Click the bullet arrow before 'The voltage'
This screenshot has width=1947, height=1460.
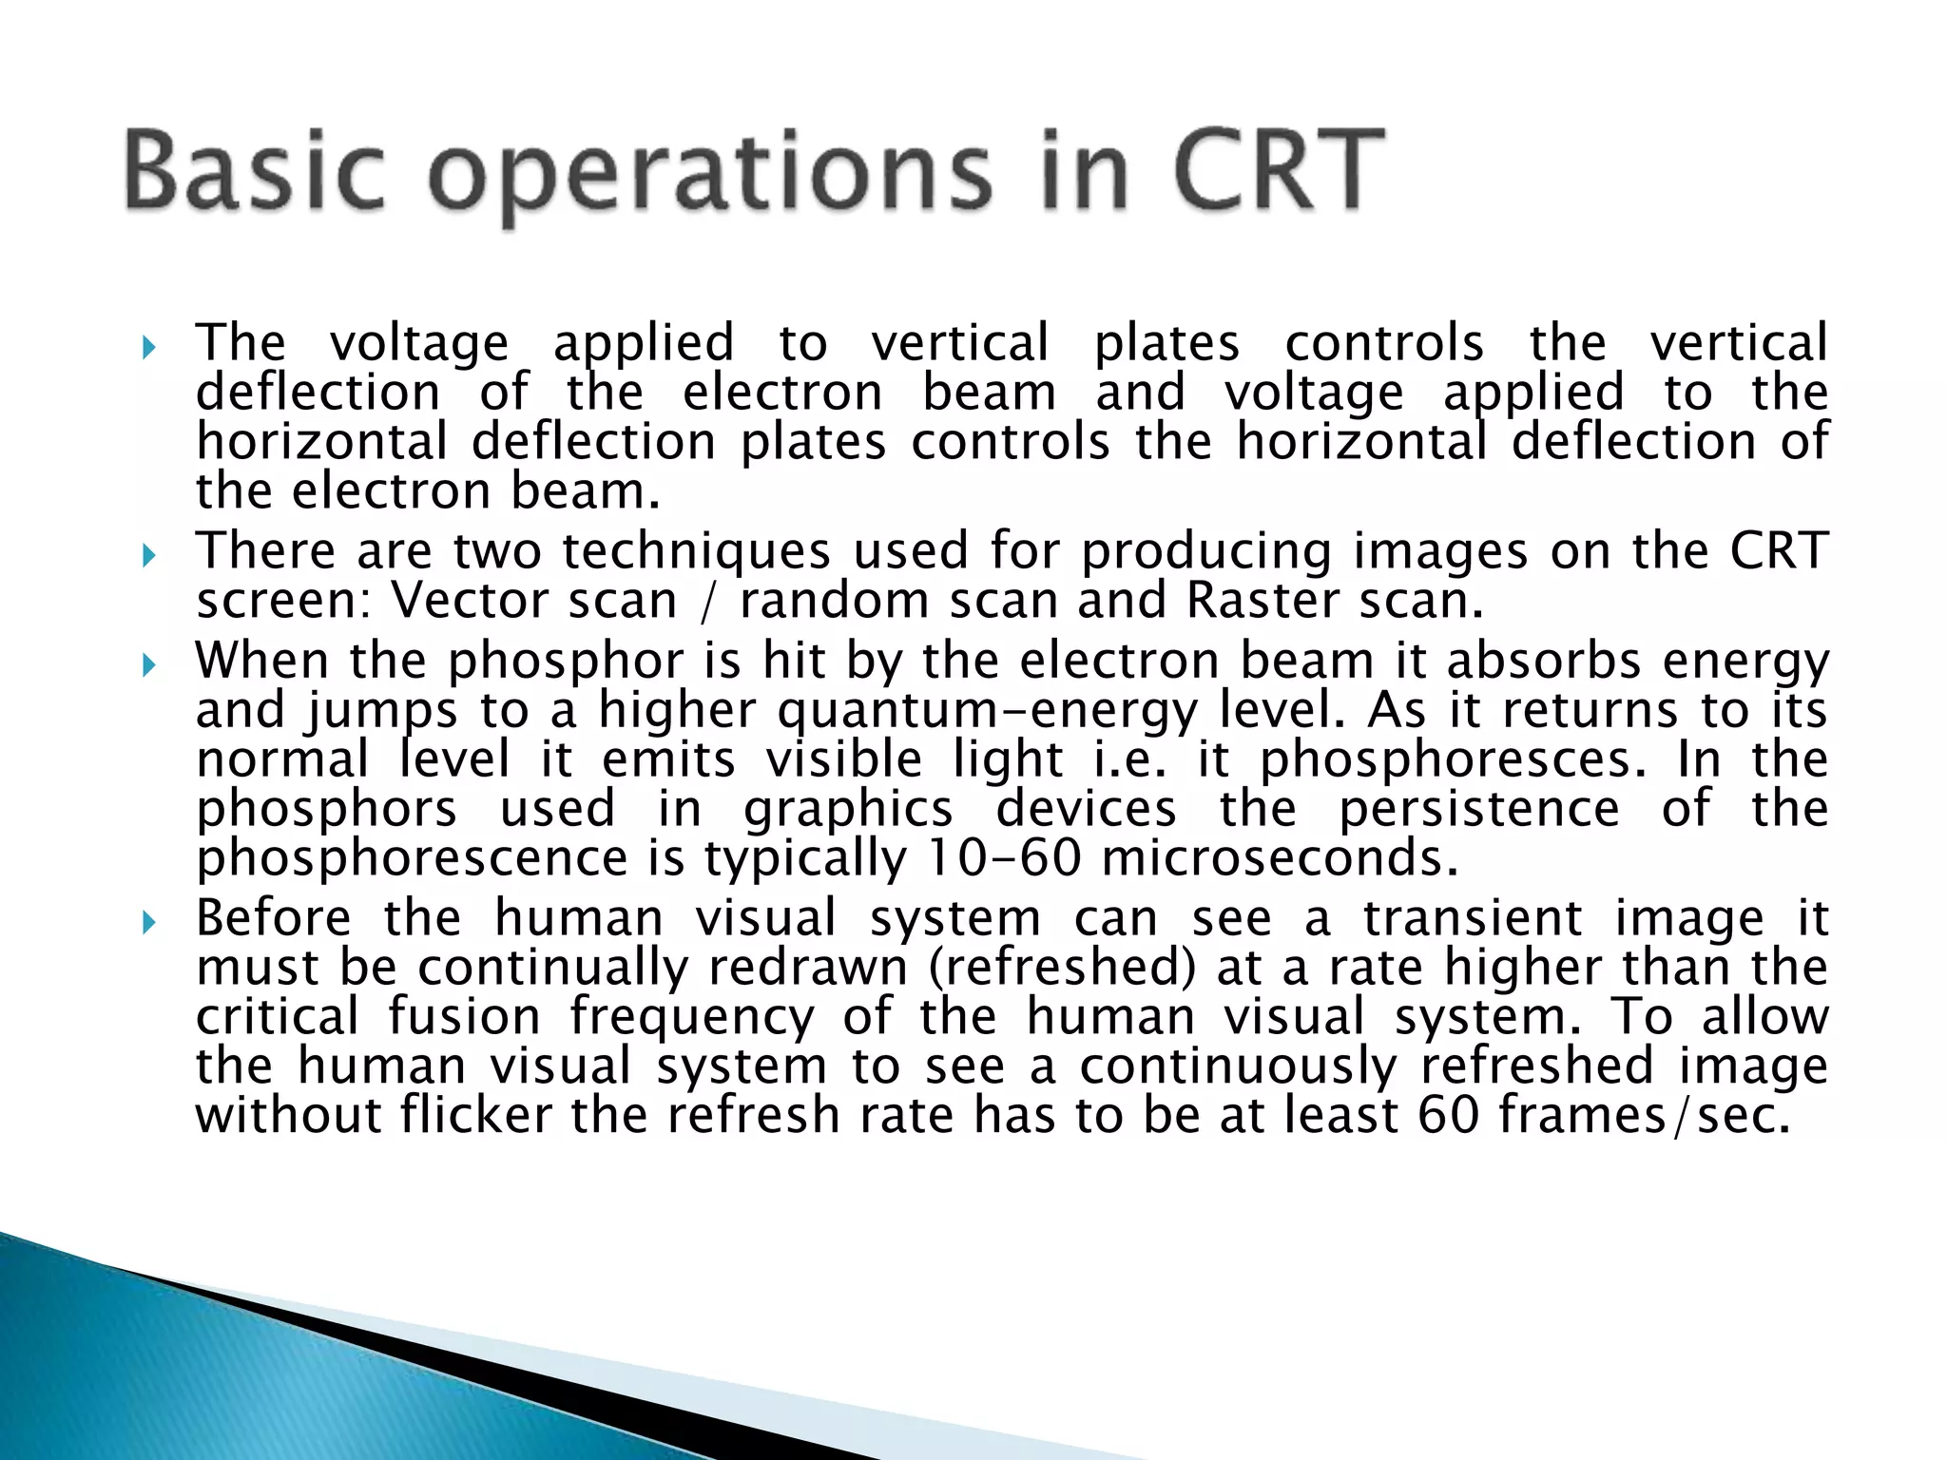[147, 347]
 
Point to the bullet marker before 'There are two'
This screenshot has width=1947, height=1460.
[147, 555]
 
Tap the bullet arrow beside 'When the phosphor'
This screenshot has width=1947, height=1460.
[147, 664]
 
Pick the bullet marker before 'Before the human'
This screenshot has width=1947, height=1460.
[147, 922]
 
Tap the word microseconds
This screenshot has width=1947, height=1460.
[1279, 858]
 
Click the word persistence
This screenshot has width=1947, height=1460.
[1479, 810]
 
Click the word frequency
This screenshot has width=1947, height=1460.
[692, 1018]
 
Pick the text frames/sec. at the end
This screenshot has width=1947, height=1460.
[1644, 1115]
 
